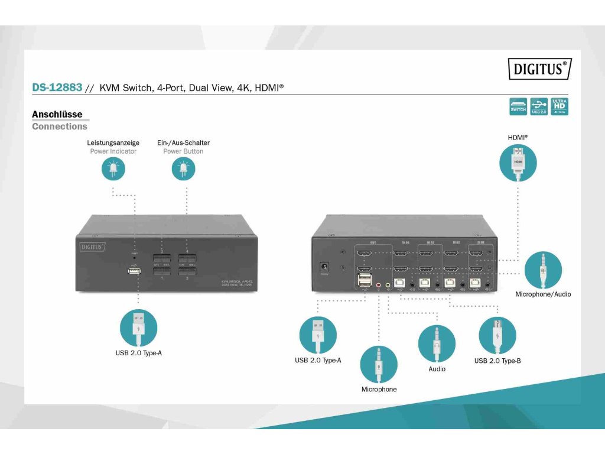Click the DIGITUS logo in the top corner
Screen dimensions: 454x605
point(539,69)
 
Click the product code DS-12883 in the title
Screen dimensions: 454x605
point(57,87)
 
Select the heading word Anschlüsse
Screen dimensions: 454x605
point(57,114)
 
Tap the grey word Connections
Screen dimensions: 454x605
point(59,127)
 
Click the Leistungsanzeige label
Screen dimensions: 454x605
point(113,142)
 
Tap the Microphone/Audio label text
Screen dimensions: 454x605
point(543,294)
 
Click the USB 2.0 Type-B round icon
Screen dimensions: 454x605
point(497,335)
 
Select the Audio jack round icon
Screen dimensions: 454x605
point(437,343)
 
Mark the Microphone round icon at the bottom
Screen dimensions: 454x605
point(379,364)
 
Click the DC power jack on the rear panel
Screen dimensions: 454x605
point(324,268)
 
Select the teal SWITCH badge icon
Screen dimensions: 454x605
point(518,106)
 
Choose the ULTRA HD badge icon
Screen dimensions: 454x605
point(559,106)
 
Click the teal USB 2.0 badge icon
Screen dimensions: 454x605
point(539,106)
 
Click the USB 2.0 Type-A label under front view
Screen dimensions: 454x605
point(138,354)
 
